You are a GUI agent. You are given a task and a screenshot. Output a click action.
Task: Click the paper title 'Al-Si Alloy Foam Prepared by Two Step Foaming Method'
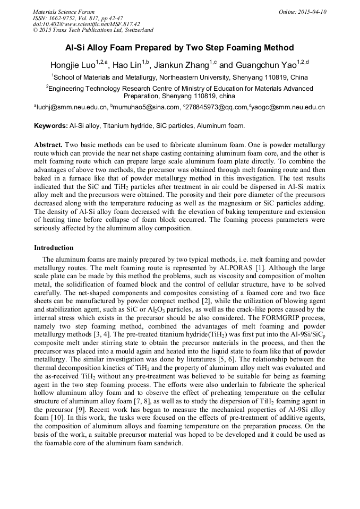179,48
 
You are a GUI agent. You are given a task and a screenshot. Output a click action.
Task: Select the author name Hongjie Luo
72,65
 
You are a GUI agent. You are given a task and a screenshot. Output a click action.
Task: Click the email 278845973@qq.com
217,107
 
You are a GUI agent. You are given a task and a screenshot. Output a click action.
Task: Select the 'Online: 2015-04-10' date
303,12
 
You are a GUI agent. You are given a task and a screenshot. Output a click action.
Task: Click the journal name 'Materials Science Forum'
64,12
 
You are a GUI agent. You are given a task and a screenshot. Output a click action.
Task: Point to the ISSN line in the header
76,18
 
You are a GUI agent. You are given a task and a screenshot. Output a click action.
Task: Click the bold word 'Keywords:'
50,126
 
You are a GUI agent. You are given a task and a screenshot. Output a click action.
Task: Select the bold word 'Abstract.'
48,145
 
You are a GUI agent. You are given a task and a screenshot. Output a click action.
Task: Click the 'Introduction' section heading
54,248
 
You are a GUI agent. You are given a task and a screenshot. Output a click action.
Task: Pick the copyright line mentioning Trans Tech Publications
93,30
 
